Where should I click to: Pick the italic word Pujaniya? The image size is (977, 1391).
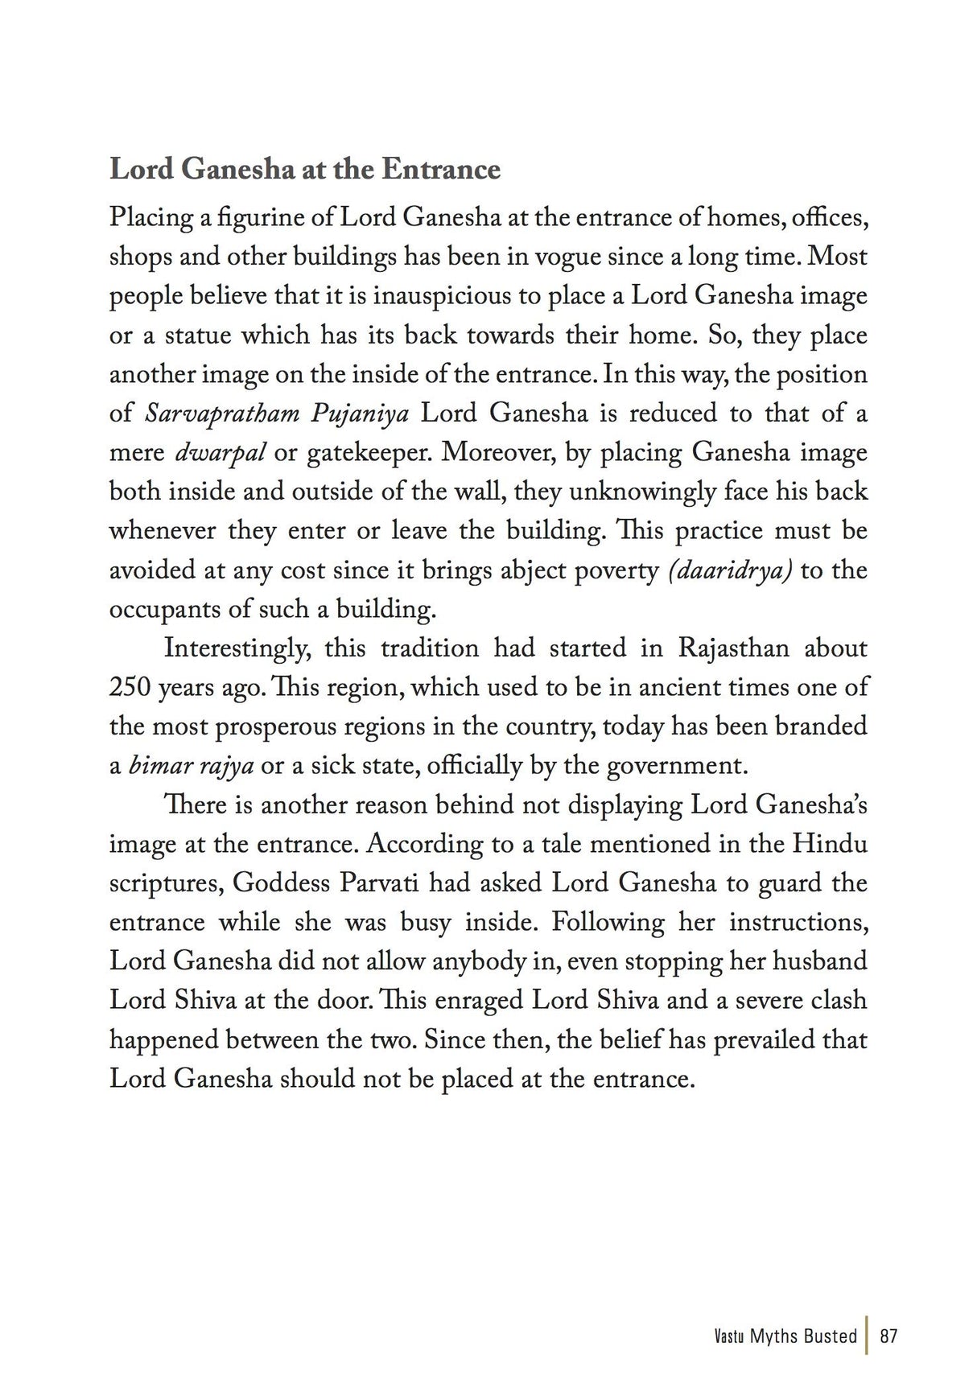(360, 414)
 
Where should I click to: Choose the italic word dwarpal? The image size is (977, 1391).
(220, 453)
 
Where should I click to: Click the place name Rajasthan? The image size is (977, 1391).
(733, 648)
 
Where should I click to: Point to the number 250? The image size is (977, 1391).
(129, 688)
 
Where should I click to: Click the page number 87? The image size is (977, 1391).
(888, 1336)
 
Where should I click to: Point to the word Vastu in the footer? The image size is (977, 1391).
(729, 1336)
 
